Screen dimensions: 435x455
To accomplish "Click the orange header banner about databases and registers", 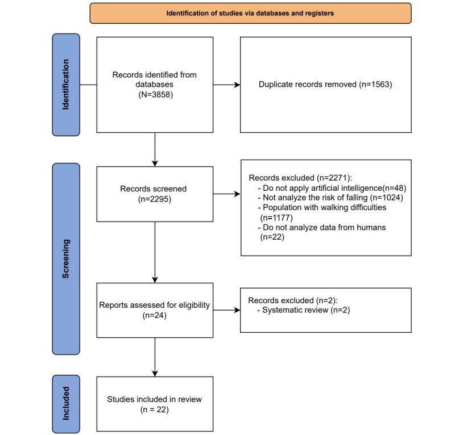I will tap(250, 13).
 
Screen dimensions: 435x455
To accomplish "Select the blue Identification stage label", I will tap(66, 85).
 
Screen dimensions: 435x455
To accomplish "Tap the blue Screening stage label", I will tap(66, 258).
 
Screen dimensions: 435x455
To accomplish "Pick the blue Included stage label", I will tap(66, 403).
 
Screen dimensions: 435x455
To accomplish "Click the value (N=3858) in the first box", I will tap(155, 94).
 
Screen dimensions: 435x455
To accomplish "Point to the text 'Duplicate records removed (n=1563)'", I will tap(325, 85).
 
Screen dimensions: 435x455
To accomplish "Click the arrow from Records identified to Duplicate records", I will tap(226, 85).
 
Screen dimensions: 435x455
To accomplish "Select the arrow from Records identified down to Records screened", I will tap(155, 149).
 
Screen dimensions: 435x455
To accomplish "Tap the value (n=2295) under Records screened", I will tap(155, 199).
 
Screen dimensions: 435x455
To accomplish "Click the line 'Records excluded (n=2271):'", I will tap(300, 178).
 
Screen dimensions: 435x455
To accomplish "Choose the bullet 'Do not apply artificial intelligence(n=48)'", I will tap(334, 187).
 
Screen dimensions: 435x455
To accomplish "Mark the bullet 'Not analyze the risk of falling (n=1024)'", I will tap(333, 198).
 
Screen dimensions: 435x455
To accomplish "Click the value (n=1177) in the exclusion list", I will tap(276, 217).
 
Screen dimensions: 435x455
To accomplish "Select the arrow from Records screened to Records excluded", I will tap(226, 194).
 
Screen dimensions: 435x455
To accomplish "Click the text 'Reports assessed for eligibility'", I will tap(154, 305).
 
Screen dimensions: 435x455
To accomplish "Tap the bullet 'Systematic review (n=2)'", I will tap(299, 310).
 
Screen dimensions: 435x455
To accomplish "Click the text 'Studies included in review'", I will tap(154, 399).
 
